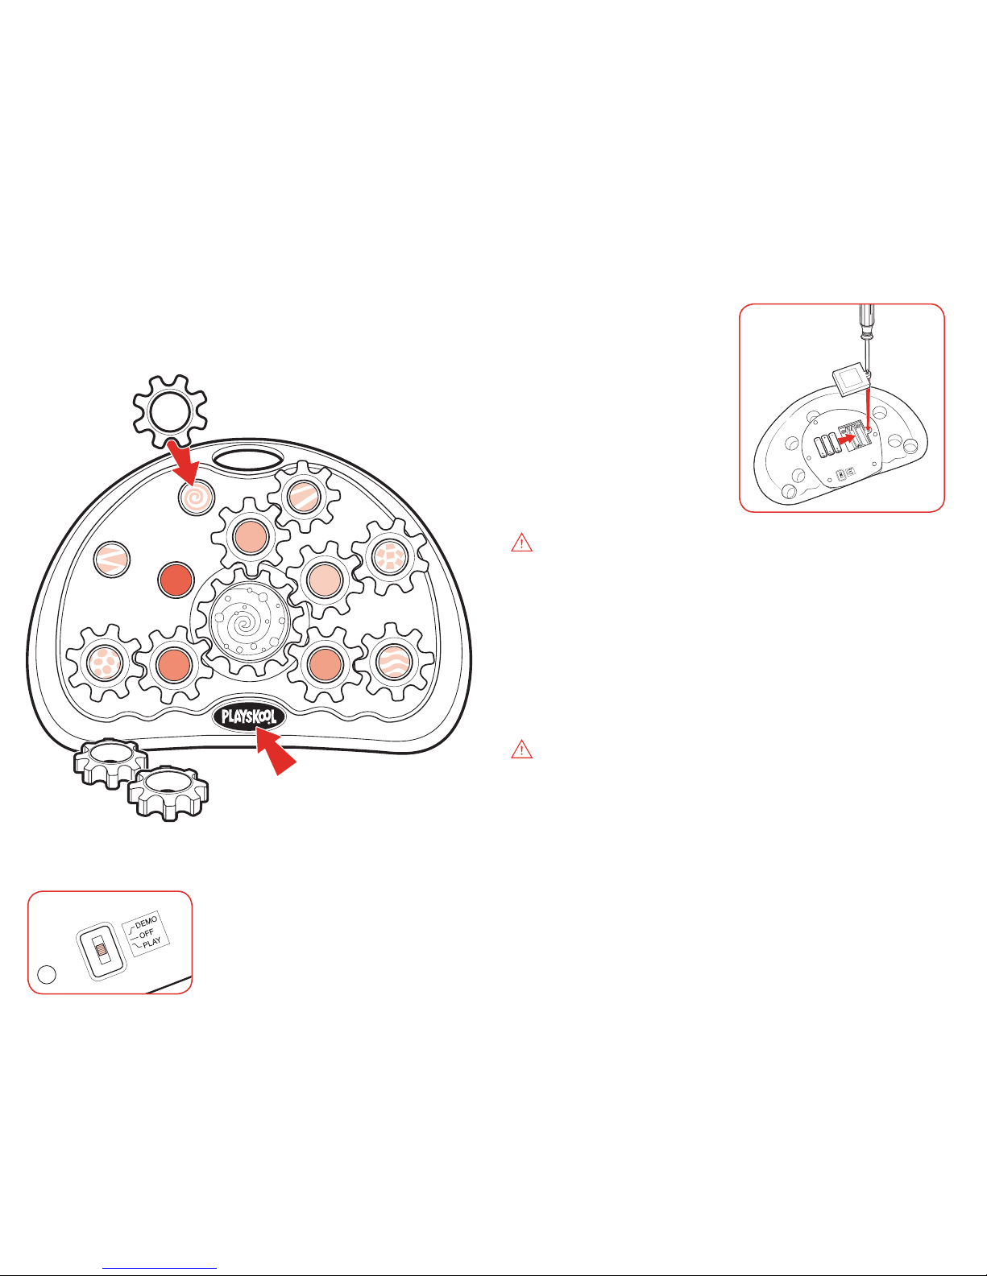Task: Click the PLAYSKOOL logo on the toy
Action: click(249, 716)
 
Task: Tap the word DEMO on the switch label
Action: click(147, 921)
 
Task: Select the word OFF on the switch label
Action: click(147, 932)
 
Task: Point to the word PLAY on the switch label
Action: click(151, 943)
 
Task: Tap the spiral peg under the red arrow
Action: click(197, 498)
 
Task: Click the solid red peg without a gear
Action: click(176, 580)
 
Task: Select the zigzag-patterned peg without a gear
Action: click(112, 559)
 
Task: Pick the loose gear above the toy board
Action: click(170, 411)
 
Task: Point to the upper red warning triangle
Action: click(522, 543)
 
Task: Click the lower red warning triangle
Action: click(522, 749)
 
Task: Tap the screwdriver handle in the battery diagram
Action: click(867, 320)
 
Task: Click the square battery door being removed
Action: click(851, 380)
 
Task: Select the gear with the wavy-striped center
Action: click(395, 662)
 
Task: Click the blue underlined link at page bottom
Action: click(160, 1266)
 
